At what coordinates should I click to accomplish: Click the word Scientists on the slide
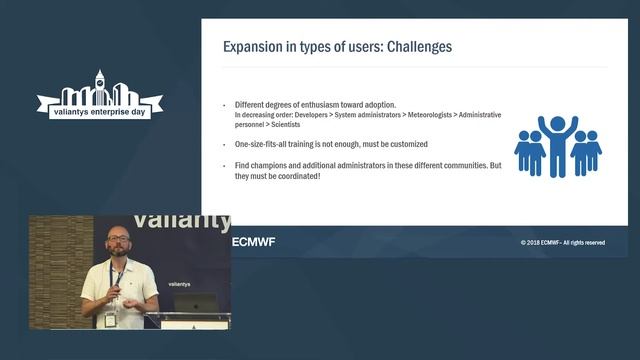pyautogui.click(x=275, y=126)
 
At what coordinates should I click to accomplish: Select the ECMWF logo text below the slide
pyautogui.click(x=253, y=242)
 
